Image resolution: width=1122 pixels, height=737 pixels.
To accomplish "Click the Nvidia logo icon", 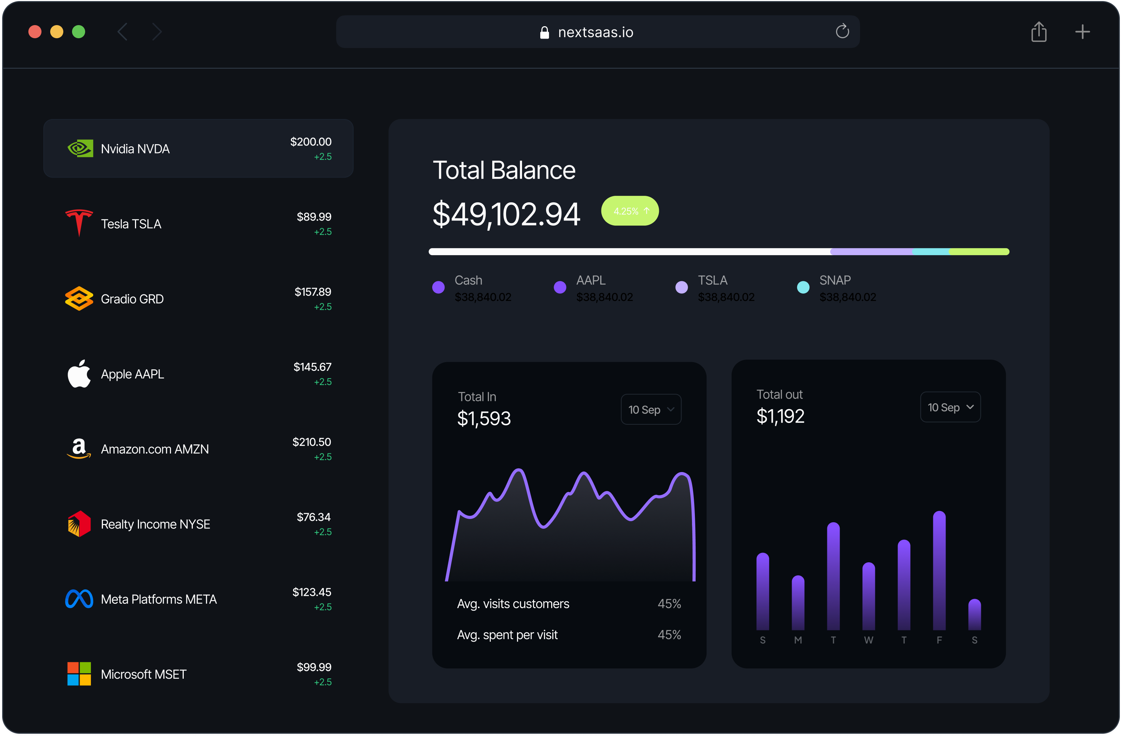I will [80, 149].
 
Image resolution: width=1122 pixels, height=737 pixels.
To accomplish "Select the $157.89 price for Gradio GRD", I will [313, 292].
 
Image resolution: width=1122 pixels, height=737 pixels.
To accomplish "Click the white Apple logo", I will [79, 374].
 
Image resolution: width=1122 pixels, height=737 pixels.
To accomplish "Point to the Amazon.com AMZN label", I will [155, 449].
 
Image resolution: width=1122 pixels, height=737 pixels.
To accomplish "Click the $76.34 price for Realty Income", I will [314, 517].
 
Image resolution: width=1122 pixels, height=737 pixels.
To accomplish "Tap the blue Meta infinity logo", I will [79, 599].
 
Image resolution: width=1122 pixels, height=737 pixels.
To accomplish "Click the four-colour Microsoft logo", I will [79, 674].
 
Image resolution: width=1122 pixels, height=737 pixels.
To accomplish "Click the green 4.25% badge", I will [630, 211].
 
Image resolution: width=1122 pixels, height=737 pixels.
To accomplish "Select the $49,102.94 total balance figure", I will [506, 214].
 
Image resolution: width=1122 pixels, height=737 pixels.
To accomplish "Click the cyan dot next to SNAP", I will [803, 287].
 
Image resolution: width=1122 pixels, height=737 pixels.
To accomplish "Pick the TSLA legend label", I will [712, 280].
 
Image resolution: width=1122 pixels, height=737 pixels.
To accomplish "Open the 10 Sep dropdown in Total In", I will [650, 409].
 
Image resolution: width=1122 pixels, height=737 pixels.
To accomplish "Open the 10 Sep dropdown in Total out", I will [950, 407].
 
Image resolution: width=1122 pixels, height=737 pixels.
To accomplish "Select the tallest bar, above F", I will [939, 571].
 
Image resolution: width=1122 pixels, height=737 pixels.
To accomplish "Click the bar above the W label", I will [868, 597].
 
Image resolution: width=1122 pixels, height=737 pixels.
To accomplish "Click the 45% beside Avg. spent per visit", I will [669, 635].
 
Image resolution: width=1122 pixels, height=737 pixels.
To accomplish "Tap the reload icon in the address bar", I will [842, 32].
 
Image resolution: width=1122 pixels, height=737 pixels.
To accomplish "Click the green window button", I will [79, 32].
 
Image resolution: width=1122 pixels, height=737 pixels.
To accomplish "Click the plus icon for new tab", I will [1082, 32].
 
